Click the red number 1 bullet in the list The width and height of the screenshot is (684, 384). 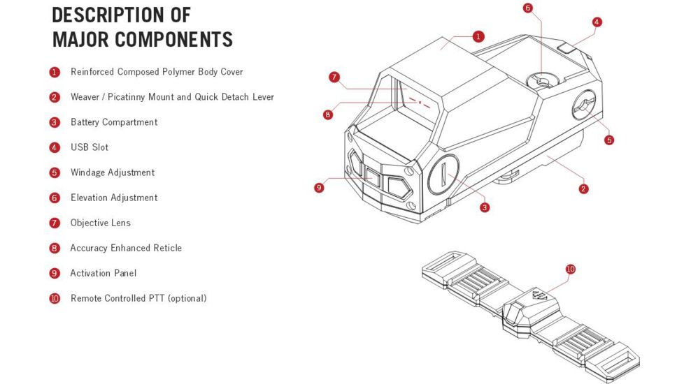point(55,72)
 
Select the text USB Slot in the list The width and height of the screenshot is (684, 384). point(90,147)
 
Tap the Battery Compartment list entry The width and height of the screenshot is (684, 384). point(114,122)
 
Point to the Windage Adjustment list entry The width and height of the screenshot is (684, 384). point(113,172)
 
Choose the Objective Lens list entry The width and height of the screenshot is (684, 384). point(101,223)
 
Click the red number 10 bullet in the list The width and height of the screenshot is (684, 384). point(55,299)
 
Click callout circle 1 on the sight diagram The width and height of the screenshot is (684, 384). point(478,36)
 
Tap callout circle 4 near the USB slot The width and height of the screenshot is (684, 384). point(597,22)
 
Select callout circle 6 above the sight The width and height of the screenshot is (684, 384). point(527,8)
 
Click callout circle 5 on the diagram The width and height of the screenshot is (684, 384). point(609,140)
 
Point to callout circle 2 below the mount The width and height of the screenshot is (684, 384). point(584,189)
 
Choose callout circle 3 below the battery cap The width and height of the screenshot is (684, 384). point(485,207)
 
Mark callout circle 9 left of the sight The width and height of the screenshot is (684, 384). point(320,187)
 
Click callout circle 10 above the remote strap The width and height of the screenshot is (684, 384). point(571,269)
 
